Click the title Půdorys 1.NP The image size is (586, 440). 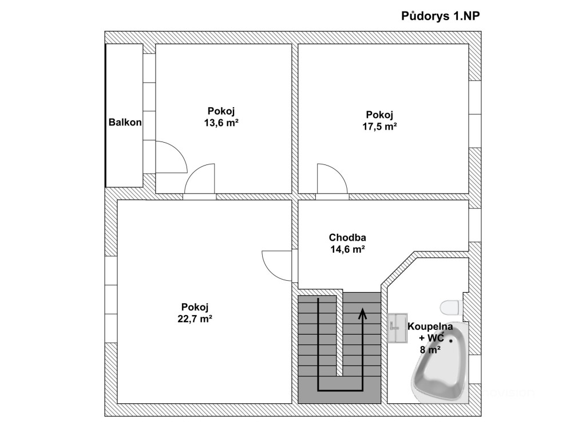tap(440, 16)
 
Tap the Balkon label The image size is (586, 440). tap(125, 122)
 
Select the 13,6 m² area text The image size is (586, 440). tap(221, 123)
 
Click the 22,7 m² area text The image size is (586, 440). tap(195, 319)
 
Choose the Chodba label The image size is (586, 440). tap(347, 237)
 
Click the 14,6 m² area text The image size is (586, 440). tap(347, 249)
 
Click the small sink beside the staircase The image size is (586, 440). tap(397, 328)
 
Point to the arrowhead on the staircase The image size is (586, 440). tap(362, 313)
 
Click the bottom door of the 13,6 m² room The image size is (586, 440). tap(200, 179)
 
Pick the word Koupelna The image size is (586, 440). tap(430, 327)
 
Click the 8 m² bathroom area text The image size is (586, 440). tap(430, 349)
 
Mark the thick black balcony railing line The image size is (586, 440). tap(106, 115)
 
